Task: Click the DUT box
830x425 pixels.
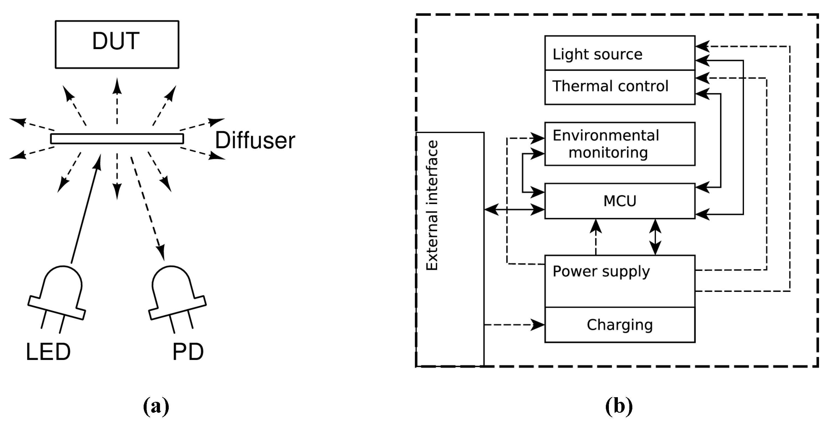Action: point(117,44)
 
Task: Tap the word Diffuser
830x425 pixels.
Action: point(255,140)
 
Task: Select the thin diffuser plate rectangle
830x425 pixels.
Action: point(117,139)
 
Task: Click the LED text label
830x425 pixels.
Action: point(48,352)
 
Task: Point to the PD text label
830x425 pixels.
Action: point(188,352)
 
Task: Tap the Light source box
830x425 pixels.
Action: point(619,53)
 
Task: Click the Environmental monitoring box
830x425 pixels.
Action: point(619,144)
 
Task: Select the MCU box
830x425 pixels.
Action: point(619,201)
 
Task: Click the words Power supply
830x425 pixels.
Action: point(601,271)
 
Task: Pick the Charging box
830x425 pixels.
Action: point(619,325)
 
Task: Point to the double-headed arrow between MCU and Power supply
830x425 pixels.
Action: point(655,237)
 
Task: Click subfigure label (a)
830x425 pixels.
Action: point(156,406)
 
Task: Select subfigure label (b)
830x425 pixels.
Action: point(619,406)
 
